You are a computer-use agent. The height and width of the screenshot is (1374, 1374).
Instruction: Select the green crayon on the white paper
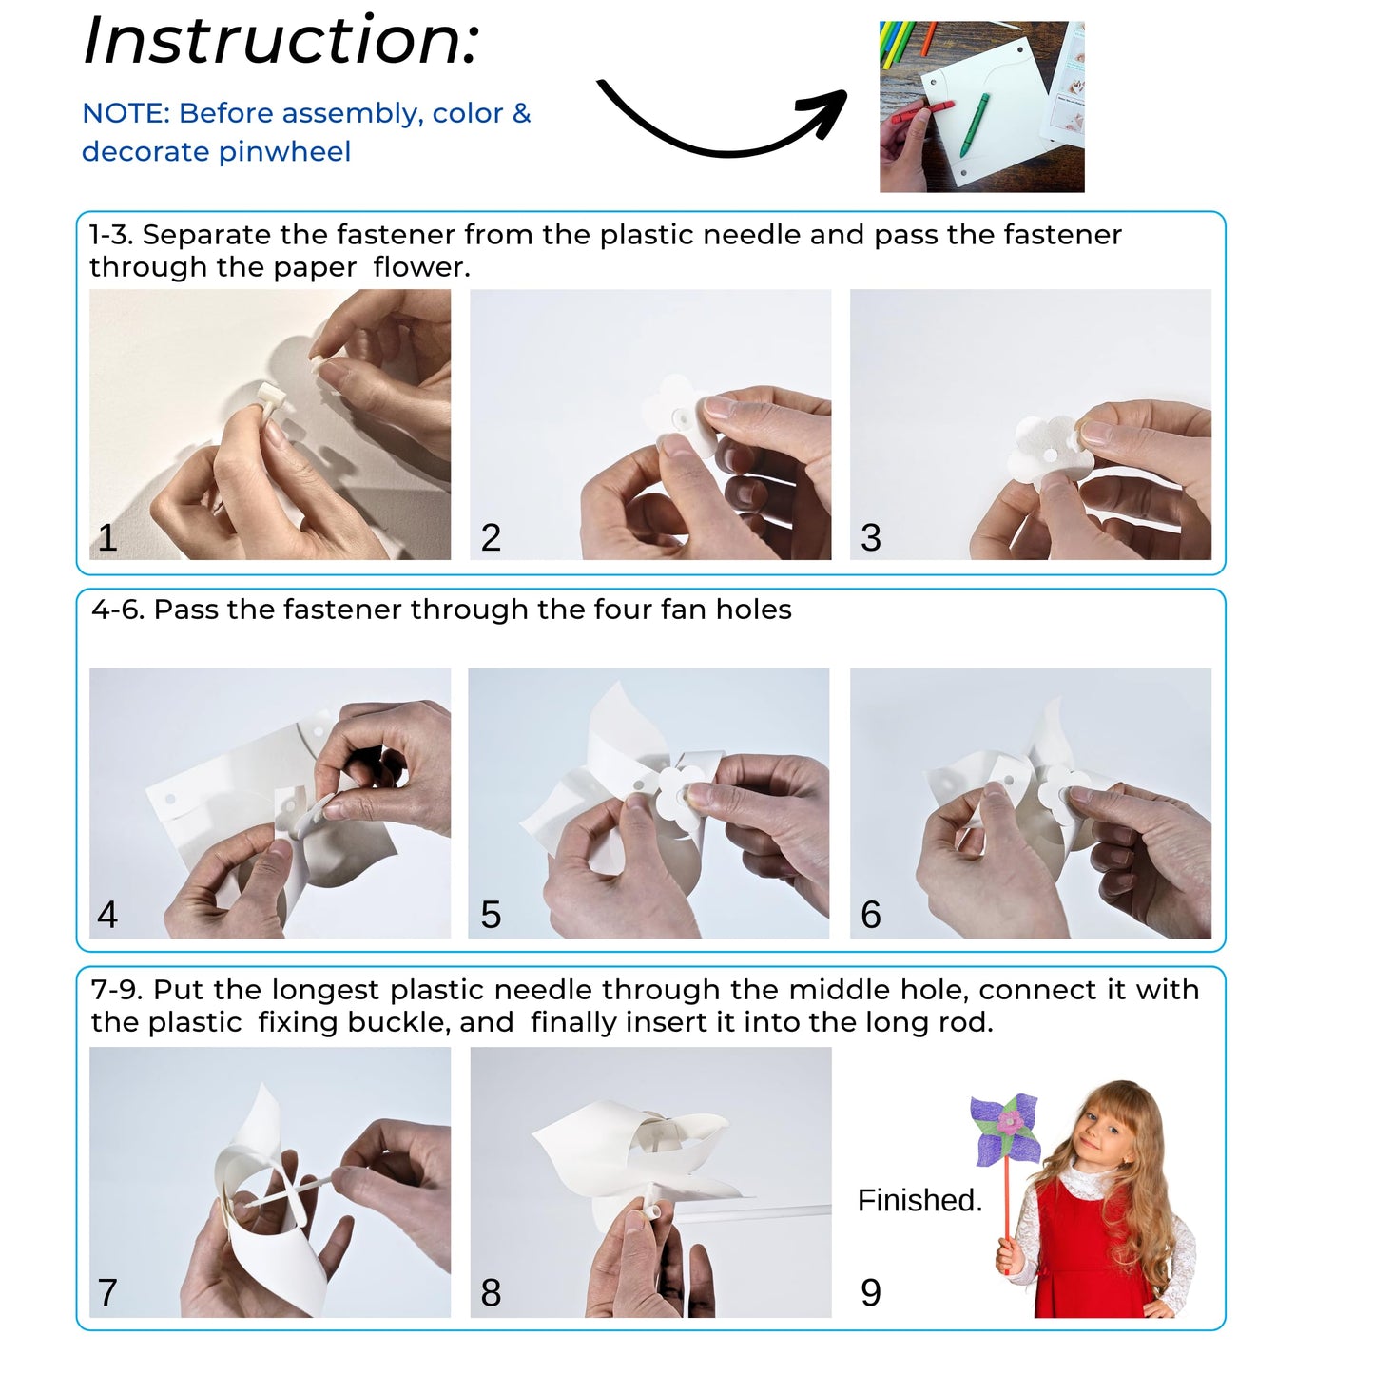coord(974,125)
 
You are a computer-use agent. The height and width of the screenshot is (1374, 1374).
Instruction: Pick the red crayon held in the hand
coord(922,111)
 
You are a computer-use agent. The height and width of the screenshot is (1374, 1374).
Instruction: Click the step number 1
coord(107,537)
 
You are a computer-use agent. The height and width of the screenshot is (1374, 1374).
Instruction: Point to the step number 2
coord(491,537)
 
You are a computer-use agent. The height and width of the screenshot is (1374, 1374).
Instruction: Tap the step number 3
coord(871,537)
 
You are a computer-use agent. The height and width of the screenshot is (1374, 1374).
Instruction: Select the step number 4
coord(107,915)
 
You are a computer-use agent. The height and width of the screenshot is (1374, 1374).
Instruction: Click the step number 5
coord(491,915)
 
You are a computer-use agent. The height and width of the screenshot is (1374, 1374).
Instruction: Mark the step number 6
coord(871,915)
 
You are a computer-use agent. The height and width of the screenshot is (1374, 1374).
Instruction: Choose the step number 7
coord(107,1292)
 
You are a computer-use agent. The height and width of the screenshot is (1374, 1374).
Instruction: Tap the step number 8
coord(491,1292)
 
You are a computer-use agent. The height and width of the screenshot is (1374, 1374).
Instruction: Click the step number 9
coord(871,1292)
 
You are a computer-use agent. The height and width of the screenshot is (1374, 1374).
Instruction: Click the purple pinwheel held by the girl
coord(1005,1131)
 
